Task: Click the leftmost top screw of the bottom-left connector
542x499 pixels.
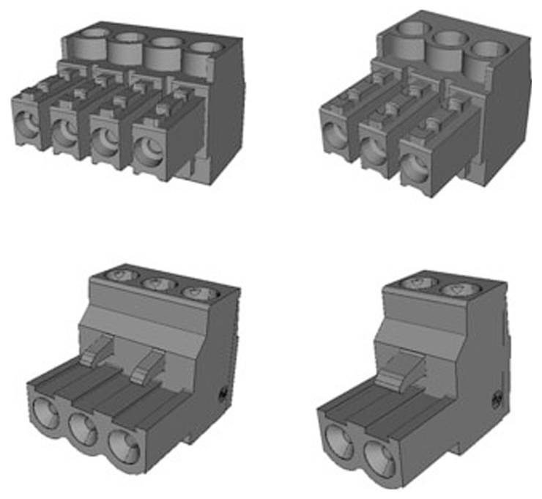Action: point(121,276)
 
